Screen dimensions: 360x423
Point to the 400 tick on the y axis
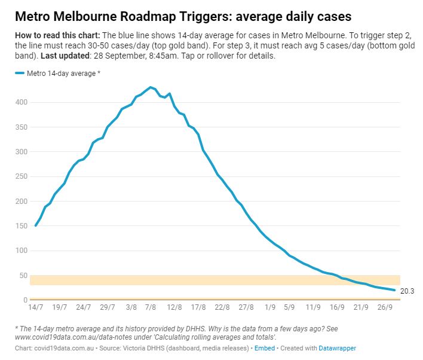coord(22,102)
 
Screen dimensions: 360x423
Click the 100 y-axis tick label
coord(22,251)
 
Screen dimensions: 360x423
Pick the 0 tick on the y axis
coord(26,300)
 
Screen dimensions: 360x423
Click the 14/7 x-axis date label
coord(36,307)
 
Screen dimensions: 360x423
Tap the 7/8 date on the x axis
coord(151,307)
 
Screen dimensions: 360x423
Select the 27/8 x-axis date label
coord(246,307)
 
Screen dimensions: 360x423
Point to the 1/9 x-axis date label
coord(270,307)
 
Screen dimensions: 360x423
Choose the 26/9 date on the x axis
coord(384,307)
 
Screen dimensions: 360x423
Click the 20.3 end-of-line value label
coord(407,291)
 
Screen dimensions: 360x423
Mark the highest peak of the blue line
coord(151,87)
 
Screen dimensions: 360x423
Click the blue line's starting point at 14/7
coord(36,225)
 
